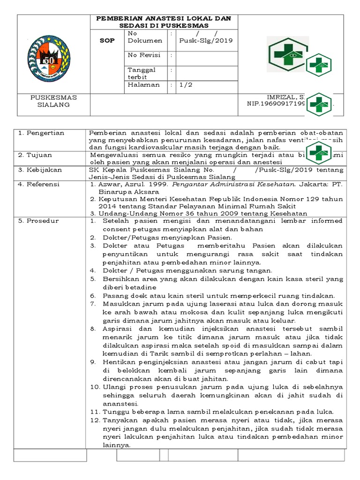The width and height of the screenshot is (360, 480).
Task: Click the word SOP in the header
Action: tap(107, 41)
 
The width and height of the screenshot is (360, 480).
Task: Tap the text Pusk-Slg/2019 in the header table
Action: tap(206, 41)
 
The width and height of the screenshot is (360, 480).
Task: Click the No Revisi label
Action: tap(143, 55)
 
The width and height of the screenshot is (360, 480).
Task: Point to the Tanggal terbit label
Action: tap(141, 73)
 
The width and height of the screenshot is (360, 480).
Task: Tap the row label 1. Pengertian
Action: tap(41, 133)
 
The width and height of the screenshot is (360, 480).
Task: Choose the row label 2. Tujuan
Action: tap(36, 155)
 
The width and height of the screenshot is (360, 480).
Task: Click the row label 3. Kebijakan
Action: tap(40, 170)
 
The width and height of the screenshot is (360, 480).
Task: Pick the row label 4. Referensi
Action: tap(39, 185)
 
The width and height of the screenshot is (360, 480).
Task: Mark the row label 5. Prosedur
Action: tap(38, 221)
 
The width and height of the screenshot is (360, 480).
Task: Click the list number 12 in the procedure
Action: tap(93, 420)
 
